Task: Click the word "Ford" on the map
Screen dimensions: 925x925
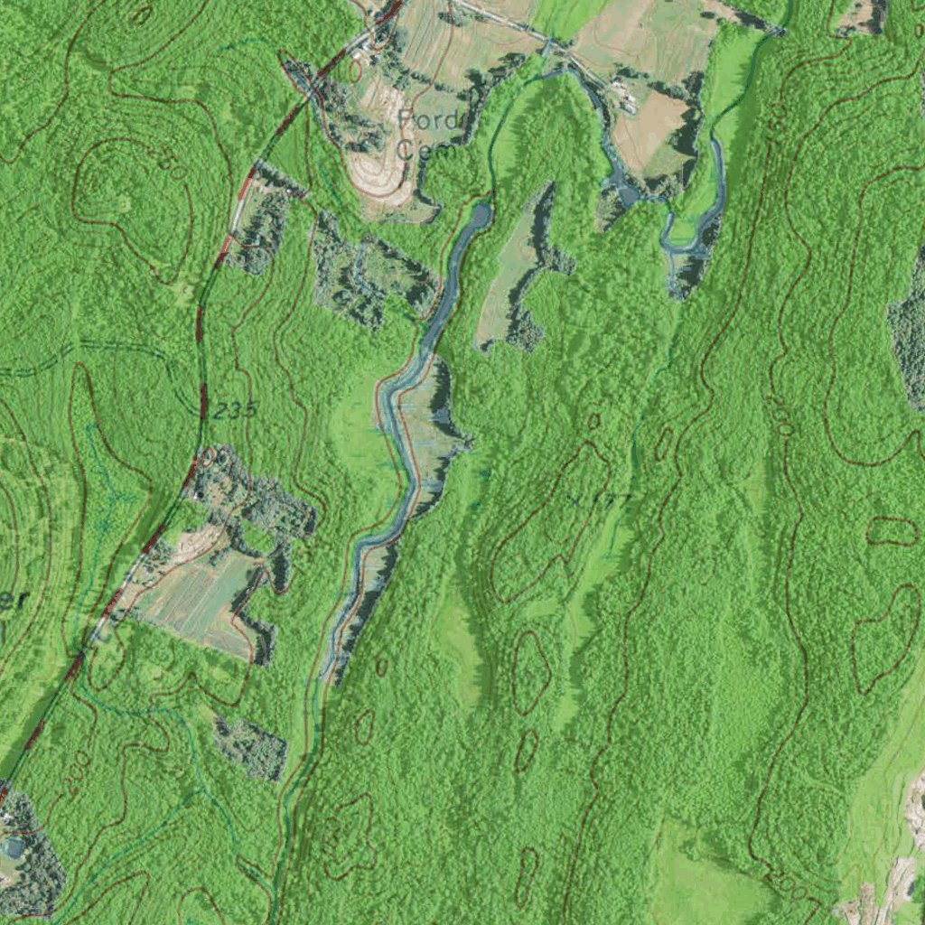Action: (x=429, y=120)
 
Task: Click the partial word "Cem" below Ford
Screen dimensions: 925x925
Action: (x=418, y=150)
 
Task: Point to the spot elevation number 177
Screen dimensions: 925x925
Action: (x=613, y=498)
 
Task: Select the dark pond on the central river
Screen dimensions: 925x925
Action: (x=479, y=217)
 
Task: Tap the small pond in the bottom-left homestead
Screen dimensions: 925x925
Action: (x=14, y=847)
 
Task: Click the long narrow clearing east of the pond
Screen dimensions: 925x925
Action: (x=510, y=271)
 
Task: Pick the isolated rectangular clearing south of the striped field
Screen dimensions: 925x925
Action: (x=251, y=748)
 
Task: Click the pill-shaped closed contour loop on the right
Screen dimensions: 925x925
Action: (x=892, y=531)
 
